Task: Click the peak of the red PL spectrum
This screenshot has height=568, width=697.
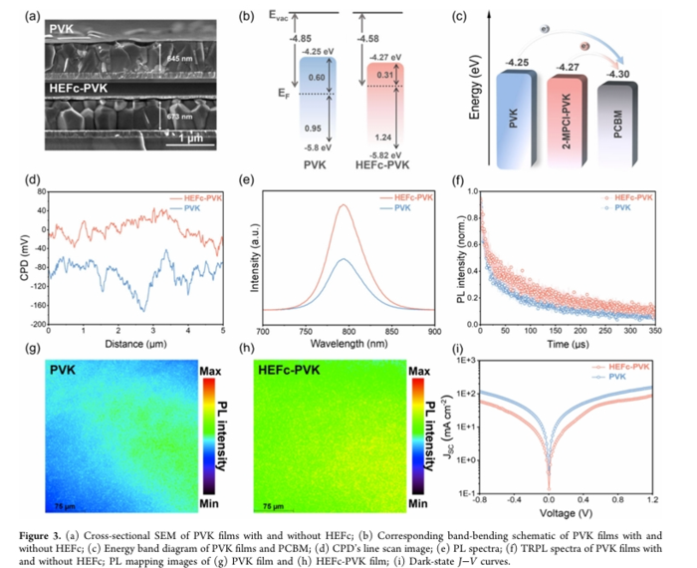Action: click(x=344, y=205)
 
